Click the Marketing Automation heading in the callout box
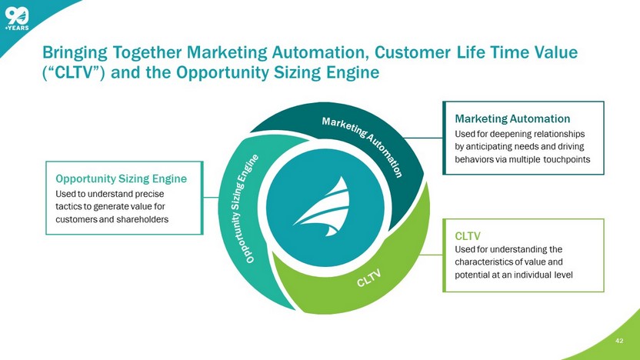coord(512,119)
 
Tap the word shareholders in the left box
coord(142,220)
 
